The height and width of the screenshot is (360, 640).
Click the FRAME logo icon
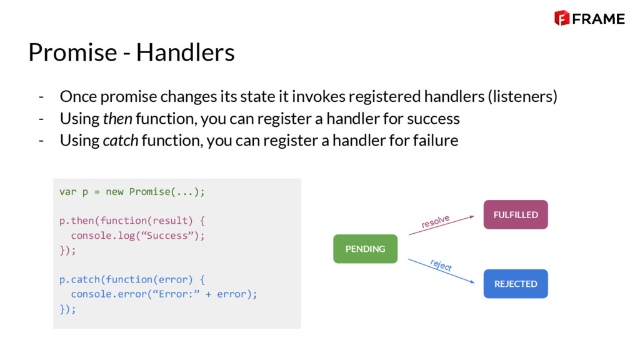click(561, 18)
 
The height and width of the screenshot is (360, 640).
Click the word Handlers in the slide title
click(186, 52)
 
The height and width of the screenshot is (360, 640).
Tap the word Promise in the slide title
click(72, 52)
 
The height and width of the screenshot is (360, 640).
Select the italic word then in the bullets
click(117, 118)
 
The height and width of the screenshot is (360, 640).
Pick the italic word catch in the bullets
click(120, 140)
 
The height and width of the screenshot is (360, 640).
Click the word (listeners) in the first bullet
click(522, 97)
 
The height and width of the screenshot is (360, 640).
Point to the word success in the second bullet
click(433, 118)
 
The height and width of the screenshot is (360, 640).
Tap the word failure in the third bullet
click(435, 140)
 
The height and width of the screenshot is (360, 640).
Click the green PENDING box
click(365, 249)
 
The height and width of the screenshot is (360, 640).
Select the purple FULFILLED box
click(516, 214)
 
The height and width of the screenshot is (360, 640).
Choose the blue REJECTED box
click(516, 284)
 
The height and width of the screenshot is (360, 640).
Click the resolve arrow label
click(436, 221)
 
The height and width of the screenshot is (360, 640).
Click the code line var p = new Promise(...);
click(132, 191)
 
